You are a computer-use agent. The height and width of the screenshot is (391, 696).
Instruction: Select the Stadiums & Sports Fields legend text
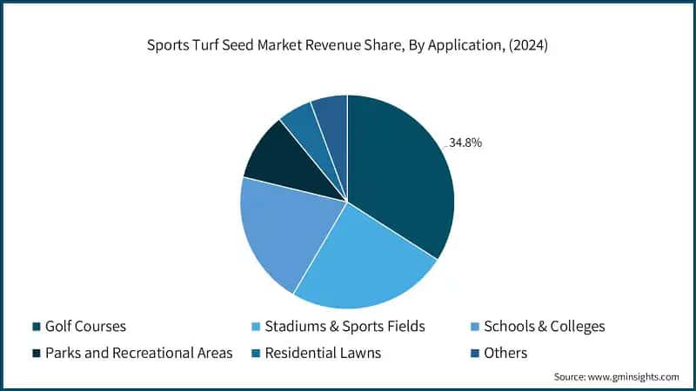(x=345, y=327)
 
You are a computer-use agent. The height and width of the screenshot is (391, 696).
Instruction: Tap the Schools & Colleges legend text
(x=544, y=327)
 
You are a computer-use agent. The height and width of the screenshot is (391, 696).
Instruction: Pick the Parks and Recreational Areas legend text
(x=138, y=353)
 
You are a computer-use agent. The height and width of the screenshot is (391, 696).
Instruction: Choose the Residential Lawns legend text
(x=323, y=353)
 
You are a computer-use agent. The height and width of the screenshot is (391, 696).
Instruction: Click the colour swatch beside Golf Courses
(x=37, y=327)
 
